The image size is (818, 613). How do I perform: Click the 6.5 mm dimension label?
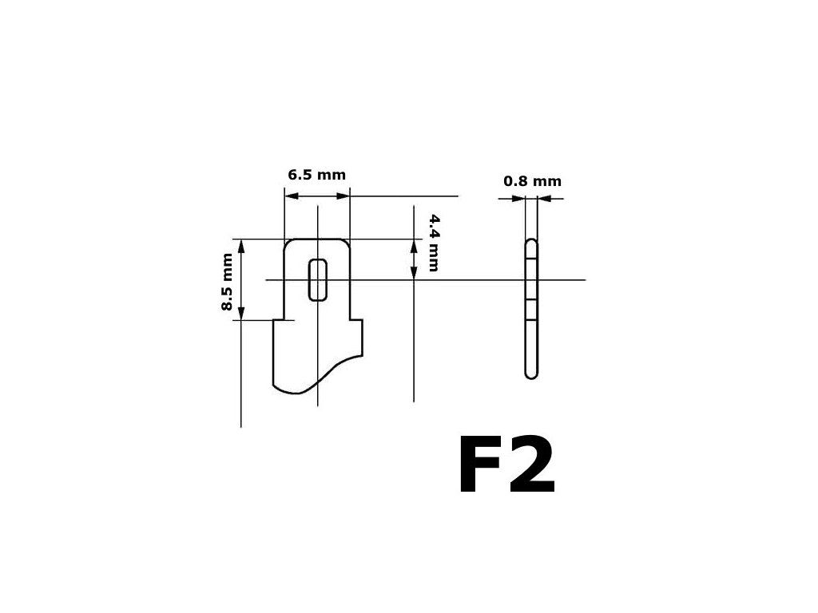[x=317, y=175]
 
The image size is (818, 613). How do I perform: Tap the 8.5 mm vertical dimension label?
[x=228, y=282]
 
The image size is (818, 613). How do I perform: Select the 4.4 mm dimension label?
[x=433, y=243]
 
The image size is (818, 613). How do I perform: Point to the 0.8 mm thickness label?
[x=532, y=181]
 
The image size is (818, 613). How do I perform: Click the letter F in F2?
[x=482, y=468]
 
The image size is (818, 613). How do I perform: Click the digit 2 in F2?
[x=530, y=468]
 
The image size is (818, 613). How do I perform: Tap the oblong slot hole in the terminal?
[x=318, y=279]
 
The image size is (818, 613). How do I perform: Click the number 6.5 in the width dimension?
[x=300, y=175]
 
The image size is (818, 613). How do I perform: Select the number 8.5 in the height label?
[x=228, y=297]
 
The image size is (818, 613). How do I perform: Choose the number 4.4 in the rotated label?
[x=433, y=223]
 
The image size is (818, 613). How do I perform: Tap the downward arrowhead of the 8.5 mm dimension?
[x=241, y=314]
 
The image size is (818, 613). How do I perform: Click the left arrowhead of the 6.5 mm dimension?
[x=291, y=195]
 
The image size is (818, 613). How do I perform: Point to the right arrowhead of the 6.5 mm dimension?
[x=344, y=195]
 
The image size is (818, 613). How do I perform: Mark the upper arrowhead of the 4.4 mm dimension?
[x=414, y=245]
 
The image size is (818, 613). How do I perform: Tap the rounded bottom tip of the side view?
[x=531, y=374]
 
